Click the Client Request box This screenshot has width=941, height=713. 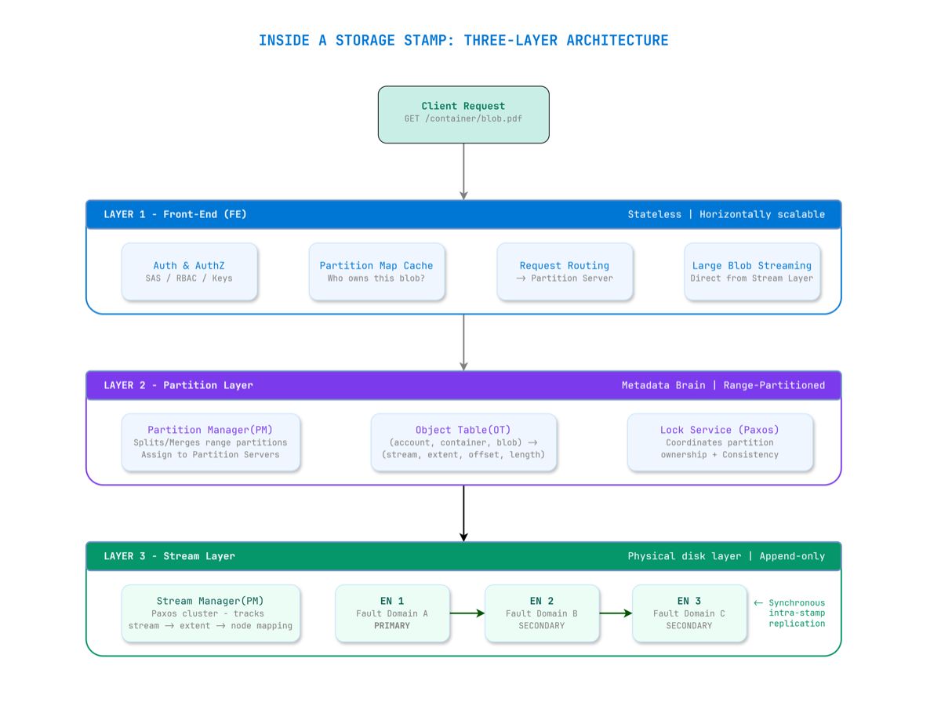pyautogui.click(x=463, y=115)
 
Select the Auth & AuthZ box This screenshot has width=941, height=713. pyautogui.click(x=189, y=271)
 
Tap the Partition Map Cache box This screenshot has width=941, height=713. pyautogui.click(x=376, y=271)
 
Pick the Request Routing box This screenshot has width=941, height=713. pyautogui.click(x=565, y=271)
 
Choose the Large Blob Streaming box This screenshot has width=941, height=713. pyautogui.click(x=752, y=271)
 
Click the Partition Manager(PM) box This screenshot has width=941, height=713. pyautogui.click(x=210, y=442)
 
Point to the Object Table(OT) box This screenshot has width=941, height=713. pyautogui.click(x=463, y=442)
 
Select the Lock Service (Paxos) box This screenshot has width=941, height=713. pyautogui.click(x=720, y=442)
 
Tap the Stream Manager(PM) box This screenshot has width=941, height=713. pyautogui.click(x=210, y=613)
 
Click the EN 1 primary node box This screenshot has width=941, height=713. pyautogui.click(x=392, y=613)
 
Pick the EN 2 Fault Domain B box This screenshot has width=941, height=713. pyautogui.click(x=541, y=613)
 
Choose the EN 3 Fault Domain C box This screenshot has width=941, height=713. pyautogui.click(x=689, y=613)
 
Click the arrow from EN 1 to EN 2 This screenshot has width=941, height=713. pyautogui.click(x=467, y=613)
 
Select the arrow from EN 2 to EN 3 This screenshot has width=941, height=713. pyautogui.click(x=616, y=613)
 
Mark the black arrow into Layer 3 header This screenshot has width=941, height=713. pyautogui.click(x=463, y=514)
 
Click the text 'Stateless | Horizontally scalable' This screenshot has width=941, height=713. pyautogui.click(x=726, y=214)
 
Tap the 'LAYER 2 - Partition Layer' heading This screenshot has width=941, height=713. pyautogui.click(x=178, y=385)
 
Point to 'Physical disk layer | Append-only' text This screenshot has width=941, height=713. pyautogui.click(x=726, y=556)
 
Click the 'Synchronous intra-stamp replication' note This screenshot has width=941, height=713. pyautogui.click(x=792, y=613)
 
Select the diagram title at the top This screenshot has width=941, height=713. pyautogui.click(x=463, y=41)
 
